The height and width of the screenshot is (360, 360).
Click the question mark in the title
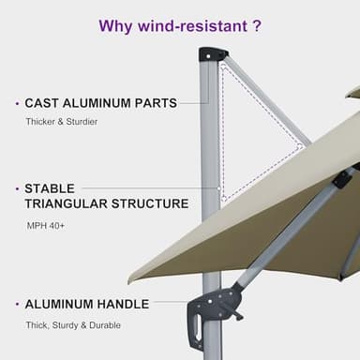pyautogui.click(x=256, y=25)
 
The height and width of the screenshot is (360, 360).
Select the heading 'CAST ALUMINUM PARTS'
pyautogui.click(x=100, y=103)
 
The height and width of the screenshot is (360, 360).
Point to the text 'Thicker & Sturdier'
pyautogui.click(x=60, y=123)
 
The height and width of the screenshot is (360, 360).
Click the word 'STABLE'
pyautogui.click(x=50, y=188)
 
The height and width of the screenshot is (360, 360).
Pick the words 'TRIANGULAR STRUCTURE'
pyautogui.click(x=106, y=203)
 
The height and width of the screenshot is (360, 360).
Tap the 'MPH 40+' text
pyautogui.click(x=46, y=225)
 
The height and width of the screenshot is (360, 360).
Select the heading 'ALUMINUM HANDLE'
pyautogui.click(x=86, y=305)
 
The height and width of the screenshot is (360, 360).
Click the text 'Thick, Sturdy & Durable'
pyautogui.click(x=72, y=325)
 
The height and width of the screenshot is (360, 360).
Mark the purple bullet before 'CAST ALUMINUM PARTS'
pyautogui.click(x=15, y=103)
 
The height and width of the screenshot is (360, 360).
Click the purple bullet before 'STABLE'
pyautogui.click(x=15, y=188)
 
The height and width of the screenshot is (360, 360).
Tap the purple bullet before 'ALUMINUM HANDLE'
pyautogui.click(x=15, y=305)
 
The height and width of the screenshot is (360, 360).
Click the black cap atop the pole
pyautogui.click(x=213, y=53)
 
